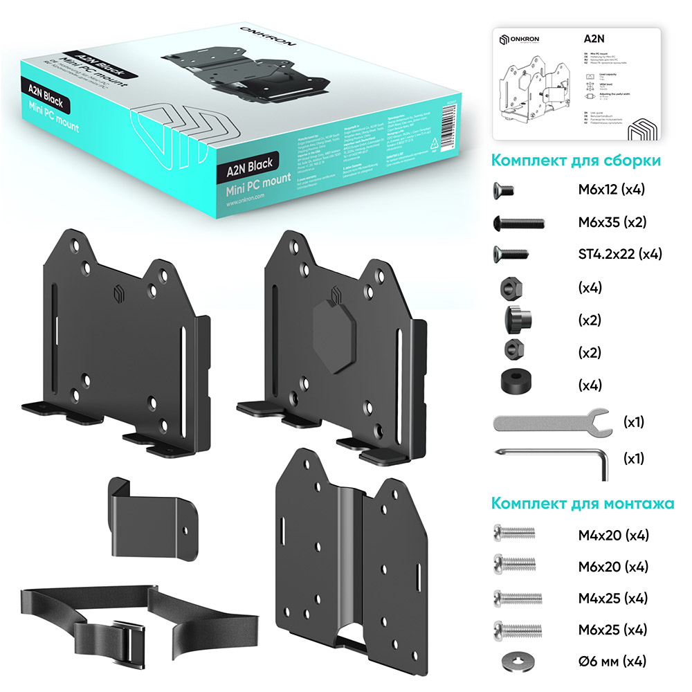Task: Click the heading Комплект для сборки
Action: (x=575, y=161)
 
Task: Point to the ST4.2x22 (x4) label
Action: (x=620, y=254)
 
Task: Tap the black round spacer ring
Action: (x=513, y=382)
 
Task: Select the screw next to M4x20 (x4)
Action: (x=513, y=534)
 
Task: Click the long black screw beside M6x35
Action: (x=518, y=223)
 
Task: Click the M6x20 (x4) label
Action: (x=613, y=567)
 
